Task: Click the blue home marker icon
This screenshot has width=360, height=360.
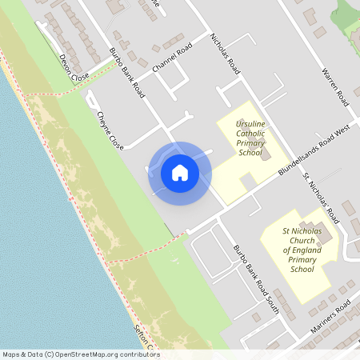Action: (x=180, y=173)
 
